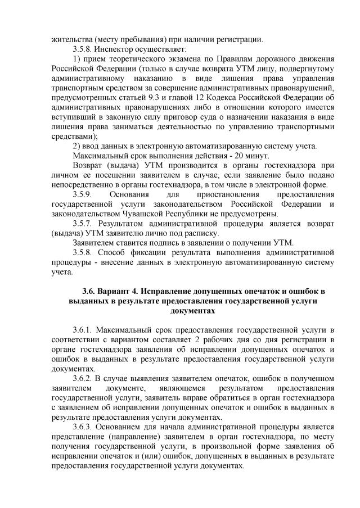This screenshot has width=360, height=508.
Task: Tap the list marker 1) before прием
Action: coord(78,59)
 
